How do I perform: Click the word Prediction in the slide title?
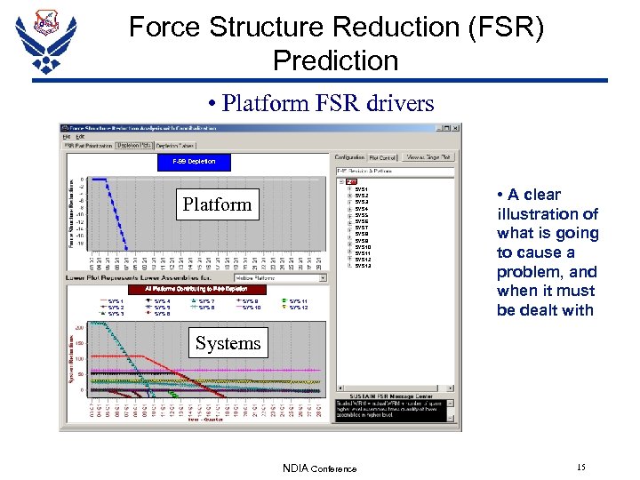tap(335, 60)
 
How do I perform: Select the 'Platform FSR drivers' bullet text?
tap(328, 103)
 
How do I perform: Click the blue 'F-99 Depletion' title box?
tap(194, 162)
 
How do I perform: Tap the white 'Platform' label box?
tap(217, 204)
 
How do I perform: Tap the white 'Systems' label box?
tap(228, 343)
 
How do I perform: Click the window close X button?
tap(455, 127)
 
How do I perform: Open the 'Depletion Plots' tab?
tap(134, 146)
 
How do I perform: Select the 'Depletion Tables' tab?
tap(175, 146)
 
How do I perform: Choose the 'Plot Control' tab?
tap(383, 157)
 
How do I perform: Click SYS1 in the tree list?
tap(361, 189)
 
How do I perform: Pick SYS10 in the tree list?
tap(363, 247)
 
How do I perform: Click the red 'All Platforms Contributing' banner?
tap(188, 289)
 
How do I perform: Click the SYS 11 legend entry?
tap(298, 301)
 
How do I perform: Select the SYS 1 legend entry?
tap(115, 301)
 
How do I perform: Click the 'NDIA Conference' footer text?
tap(319, 468)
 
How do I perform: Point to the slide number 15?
tap(580, 467)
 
